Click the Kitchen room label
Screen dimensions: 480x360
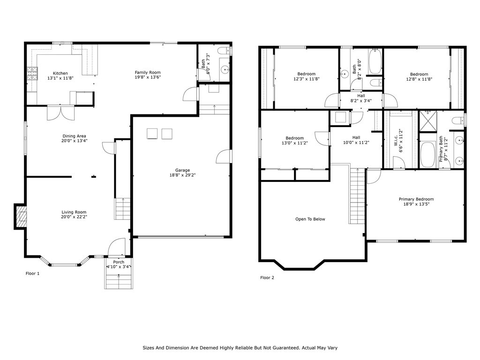point(60,73)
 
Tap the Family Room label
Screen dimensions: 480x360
point(148,73)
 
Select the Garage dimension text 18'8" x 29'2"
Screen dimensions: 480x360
point(182,175)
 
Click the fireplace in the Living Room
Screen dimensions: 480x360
point(21,217)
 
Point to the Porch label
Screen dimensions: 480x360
point(119,262)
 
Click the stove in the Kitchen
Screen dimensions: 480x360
point(32,74)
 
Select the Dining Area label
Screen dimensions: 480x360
point(74,136)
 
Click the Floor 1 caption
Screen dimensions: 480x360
point(32,273)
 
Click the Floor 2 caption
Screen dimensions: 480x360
point(267,277)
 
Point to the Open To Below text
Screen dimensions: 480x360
point(310,219)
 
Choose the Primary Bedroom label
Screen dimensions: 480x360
point(416,199)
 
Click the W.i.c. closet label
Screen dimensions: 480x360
point(396,141)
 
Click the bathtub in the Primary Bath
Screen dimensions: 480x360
point(427,154)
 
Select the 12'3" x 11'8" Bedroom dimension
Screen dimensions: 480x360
point(307,79)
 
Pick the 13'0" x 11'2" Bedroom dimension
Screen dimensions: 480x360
point(294,143)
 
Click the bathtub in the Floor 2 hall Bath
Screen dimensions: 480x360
point(375,61)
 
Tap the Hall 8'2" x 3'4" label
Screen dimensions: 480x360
point(361,98)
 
